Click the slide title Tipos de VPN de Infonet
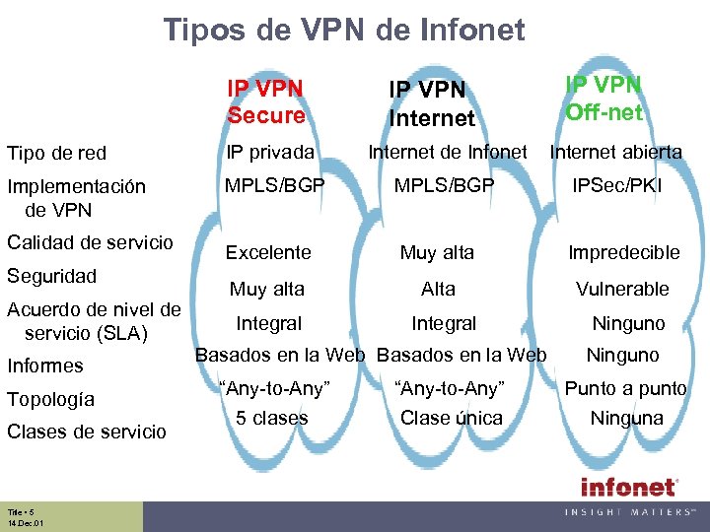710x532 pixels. (344, 31)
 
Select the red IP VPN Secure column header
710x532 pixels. (265, 101)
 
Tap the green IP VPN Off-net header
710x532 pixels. (603, 99)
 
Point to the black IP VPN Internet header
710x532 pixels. (432, 104)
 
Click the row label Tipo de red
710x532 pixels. (56, 153)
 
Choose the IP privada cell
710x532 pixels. (270, 152)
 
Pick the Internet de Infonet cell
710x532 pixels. (448, 152)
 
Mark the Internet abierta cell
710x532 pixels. (615, 152)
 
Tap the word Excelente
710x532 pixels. (268, 252)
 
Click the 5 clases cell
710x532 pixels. (271, 418)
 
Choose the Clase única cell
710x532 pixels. (451, 418)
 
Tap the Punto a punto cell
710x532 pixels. (625, 388)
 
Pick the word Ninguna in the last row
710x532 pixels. (626, 418)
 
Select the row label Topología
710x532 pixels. (50, 399)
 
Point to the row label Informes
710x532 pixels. (45, 366)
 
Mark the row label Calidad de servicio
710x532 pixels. (90, 242)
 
